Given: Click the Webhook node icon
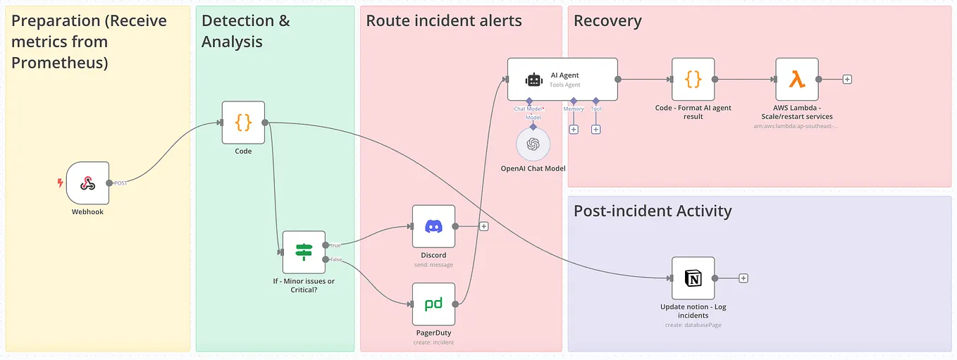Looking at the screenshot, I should (x=87, y=183).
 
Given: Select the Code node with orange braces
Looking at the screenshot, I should (x=243, y=123).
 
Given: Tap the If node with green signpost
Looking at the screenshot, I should (x=304, y=252).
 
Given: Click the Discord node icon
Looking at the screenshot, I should (x=433, y=226).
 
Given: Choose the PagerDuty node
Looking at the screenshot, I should (x=433, y=304).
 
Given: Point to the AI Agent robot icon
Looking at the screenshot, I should (x=534, y=80).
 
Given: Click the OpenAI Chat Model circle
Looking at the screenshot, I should (x=533, y=144).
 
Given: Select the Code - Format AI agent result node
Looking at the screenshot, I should (x=693, y=80).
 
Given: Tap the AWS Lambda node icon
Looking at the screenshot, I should (x=797, y=80).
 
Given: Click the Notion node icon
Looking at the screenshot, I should (x=693, y=278).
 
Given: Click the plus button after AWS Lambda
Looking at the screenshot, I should (x=847, y=80).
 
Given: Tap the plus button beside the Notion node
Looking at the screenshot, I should (x=743, y=278).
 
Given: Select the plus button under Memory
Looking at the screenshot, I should (x=574, y=130).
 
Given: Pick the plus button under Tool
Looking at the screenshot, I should (x=595, y=130).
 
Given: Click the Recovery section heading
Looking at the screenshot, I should (x=607, y=21).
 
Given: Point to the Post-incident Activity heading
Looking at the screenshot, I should (x=653, y=211).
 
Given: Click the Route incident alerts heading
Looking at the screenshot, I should (x=444, y=21).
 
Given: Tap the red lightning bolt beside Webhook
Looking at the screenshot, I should (x=60, y=183).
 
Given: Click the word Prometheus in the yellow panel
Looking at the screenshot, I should (x=59, y=63).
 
